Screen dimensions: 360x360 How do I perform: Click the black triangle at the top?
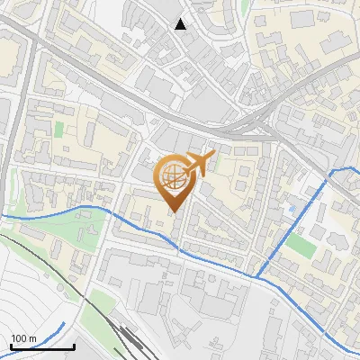click(x=181, y=24)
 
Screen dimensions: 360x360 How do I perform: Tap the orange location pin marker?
click(x=175, y=181)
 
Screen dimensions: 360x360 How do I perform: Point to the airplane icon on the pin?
click(x=199, y=164)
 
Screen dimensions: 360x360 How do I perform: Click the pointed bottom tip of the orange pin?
click(x=175, y=211)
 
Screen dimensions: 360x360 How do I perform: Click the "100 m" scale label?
click(x=22, y=339)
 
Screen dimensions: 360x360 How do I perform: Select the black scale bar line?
click(x=42, y=347)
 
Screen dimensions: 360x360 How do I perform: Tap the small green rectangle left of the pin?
click(x=58, y=129)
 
